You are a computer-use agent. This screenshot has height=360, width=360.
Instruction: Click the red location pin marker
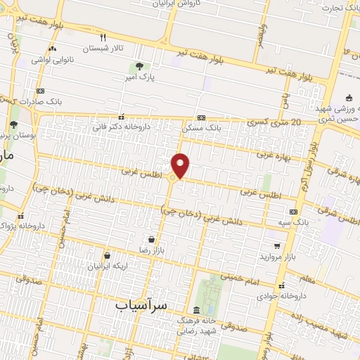(181, 166)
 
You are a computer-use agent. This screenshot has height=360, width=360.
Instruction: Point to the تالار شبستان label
(103, 49)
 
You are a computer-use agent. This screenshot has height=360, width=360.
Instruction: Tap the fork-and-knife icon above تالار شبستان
(103, 38)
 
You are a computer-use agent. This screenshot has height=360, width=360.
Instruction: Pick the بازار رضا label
(149, 250)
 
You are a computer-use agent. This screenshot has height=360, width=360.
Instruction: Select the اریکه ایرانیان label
(105, 266)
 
